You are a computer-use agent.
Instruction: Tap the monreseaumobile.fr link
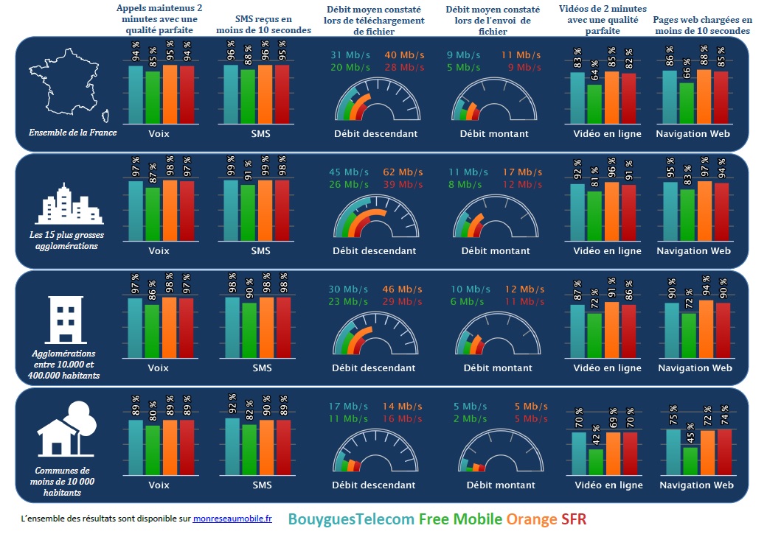[232, 519]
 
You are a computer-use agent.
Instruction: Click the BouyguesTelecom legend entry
[350, 519]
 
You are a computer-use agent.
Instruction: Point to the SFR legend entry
[573, 519]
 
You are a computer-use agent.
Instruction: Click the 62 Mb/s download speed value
[403, 172]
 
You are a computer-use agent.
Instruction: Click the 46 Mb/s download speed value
[403, 289]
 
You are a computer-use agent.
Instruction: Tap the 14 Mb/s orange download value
[403, 407]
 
